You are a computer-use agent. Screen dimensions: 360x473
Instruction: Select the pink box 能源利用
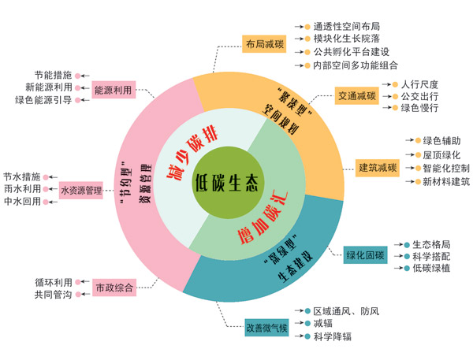[113, 90]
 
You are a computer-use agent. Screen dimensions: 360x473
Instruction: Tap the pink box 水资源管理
[82, 190]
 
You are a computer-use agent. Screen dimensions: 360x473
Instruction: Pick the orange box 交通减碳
[357, 96]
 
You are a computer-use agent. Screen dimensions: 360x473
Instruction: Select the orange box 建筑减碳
[378, 167]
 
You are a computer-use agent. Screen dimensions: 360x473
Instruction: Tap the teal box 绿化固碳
[365, 254]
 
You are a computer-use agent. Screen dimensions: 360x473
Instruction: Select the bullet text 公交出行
[419, 96]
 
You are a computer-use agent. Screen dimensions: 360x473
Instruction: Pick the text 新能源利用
[49, 87]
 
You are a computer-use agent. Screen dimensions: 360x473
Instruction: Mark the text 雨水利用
[21, 189]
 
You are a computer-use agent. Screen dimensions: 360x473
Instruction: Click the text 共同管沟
[54, 294]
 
